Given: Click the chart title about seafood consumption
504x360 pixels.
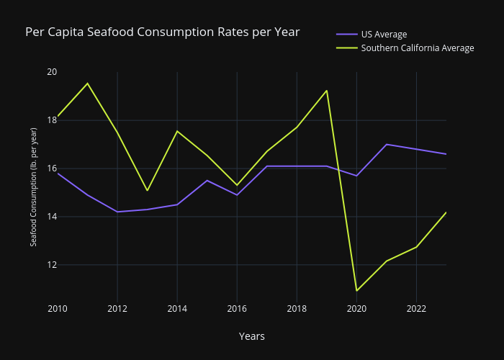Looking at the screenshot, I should tap(162, 32).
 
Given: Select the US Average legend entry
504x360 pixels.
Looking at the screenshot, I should tap(384, 34).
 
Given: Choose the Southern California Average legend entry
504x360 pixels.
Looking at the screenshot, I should tap(417, 48).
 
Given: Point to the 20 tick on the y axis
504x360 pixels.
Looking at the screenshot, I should tap(52, 72).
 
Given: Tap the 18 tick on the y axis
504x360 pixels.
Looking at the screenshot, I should tap(52, 120).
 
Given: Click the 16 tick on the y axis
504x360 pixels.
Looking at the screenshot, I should tap(52, 168).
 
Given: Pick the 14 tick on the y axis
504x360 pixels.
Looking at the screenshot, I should tap(52, 217).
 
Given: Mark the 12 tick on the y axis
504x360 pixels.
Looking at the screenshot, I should tap(52, 265).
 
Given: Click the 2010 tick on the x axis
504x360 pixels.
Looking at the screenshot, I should tap(58, 309).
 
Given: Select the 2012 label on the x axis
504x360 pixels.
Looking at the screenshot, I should tap(117, 309).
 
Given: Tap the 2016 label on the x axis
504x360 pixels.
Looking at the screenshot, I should tap(237, 309).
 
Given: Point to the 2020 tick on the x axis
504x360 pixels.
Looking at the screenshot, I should tap(356, 309).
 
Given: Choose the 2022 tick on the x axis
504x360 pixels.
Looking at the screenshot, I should tap(416, 309).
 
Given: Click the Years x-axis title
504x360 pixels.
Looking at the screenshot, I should tap(252, 336).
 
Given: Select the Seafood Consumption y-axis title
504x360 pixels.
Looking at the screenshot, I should tap(34, 186).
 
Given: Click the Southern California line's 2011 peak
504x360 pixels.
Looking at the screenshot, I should tap(88, 84).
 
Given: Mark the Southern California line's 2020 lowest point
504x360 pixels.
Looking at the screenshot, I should tap(356, 291).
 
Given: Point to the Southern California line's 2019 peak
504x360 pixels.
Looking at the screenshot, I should tap(327, 91).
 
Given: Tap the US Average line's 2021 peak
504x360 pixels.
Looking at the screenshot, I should tap(387, 144).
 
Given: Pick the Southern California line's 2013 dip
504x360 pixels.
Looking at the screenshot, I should tap(148, 191).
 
